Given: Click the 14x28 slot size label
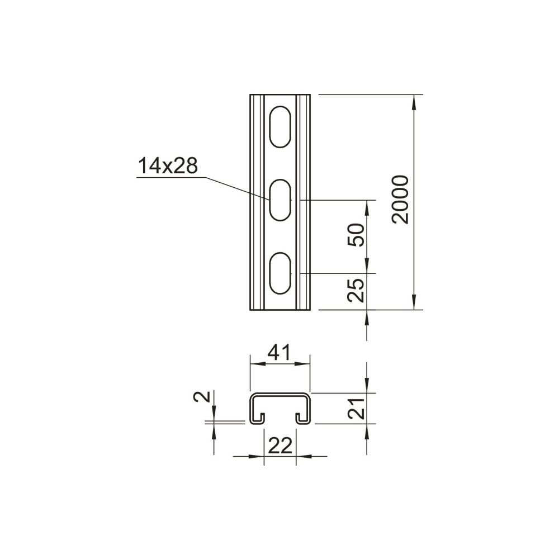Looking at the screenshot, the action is click(x=168, y=166).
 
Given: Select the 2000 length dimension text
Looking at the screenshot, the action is click(x=400, y=200).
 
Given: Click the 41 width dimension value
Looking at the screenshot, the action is click(x=279, y=352).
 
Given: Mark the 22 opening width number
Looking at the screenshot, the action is click(x=280, y=446).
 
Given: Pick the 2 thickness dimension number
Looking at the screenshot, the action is click(x=200, y=396).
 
